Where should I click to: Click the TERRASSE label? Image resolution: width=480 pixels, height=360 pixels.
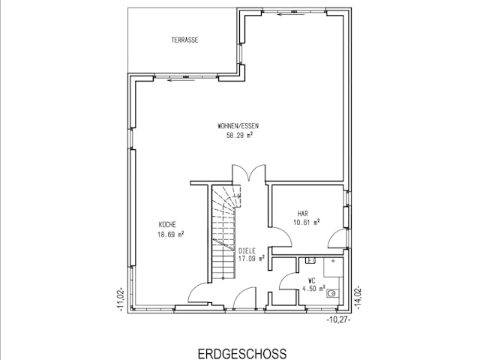(184, 40)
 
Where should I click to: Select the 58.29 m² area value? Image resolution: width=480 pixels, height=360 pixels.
(239, 136)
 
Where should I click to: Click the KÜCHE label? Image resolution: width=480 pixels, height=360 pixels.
(166, 224)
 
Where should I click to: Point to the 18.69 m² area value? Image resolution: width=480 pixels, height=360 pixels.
(170, 234)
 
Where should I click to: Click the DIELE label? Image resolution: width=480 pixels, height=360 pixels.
(247, 250)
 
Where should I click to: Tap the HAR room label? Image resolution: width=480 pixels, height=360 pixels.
(303, 213)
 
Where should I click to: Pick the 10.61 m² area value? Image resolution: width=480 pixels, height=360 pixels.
(307, 222)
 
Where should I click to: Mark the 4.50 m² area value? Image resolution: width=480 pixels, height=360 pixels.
(313, 288)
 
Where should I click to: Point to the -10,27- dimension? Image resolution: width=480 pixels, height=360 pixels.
(338, 319)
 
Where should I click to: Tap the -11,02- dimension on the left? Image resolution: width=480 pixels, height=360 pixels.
(121, 298)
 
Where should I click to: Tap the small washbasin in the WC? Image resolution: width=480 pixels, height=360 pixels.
(310, 261)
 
